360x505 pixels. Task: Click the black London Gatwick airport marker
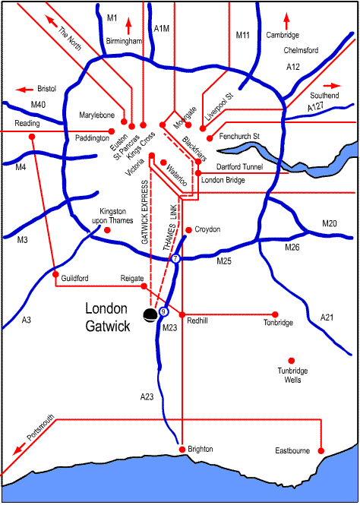pos(150,314)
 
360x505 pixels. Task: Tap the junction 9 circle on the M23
pos(163,311)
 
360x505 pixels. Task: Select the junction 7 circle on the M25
pos(175,258)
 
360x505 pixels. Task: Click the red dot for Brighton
pos(182,450)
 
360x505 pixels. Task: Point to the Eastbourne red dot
pos(321,450)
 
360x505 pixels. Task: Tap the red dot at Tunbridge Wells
pos(292,361)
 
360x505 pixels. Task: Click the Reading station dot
pos(32,137)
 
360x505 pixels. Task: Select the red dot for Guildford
pos(55,274)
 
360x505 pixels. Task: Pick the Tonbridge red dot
pos(275,314)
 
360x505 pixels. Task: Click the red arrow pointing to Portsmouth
pos(19,448)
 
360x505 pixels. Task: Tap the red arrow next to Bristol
pos(24,90)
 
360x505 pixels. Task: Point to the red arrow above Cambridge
pos(286,21)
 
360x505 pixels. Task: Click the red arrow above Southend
pos(332,86)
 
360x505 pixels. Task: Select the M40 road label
pos(38,104)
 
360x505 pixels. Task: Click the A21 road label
pos(327,317)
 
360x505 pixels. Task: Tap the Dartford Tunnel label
pos(239,167)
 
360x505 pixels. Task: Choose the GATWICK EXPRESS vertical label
pos(144,212)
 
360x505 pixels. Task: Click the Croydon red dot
pos(189,229)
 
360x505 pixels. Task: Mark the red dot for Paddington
pos(112,131)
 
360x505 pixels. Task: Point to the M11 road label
pos(243,35)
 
